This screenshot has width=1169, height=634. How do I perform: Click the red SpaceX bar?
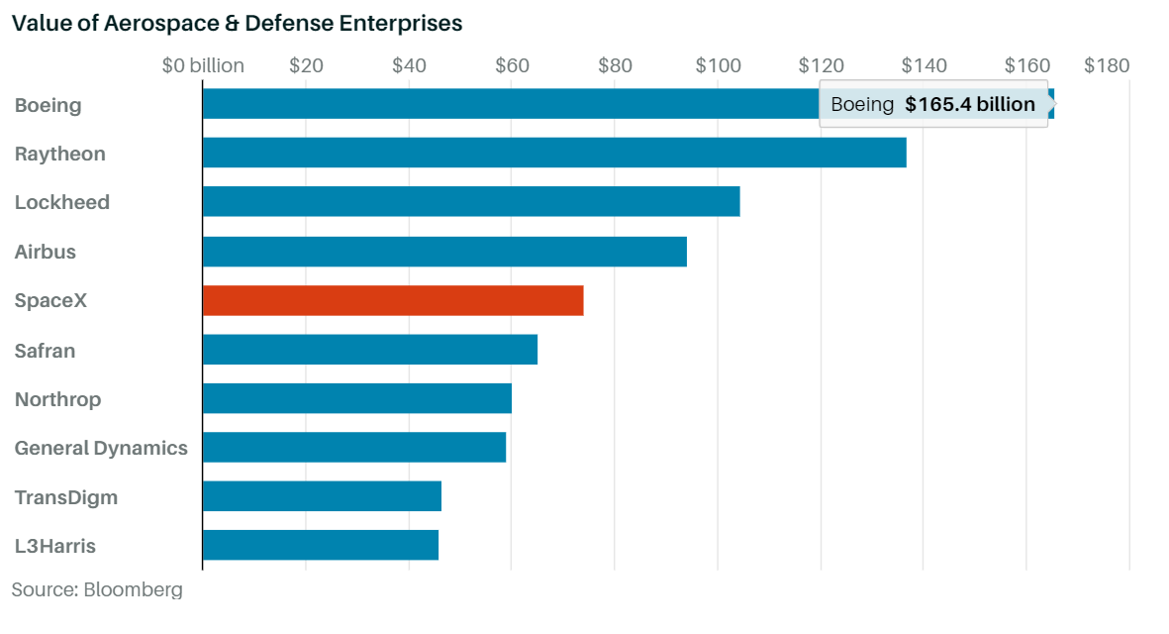[393, 300]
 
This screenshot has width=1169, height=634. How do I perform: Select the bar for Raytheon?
[554, 153]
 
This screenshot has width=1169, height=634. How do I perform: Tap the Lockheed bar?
[471, 201]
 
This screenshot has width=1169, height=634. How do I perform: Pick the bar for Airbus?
[444, 252]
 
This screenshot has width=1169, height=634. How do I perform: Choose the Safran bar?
[370, 349]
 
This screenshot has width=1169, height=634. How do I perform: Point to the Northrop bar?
[357, 398]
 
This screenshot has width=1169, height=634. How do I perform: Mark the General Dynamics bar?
[354, 447]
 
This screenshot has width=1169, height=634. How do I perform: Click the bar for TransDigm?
[322, 496]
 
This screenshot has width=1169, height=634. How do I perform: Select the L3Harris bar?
[321, 545]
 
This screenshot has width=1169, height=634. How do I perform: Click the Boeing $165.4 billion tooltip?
[933, 104]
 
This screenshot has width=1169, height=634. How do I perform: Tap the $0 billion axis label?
[203, 65]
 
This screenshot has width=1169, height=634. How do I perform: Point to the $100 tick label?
[718, 65]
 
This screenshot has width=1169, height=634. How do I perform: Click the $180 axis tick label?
[1107, 65]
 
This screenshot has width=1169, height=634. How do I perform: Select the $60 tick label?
[512, 65]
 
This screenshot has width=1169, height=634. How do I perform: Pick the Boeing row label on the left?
[48, 105]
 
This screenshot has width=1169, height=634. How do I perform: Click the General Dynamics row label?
[101, 448]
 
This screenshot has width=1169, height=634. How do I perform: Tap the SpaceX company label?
[50, 300]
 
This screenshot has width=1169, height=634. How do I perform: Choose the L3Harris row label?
[55, 546]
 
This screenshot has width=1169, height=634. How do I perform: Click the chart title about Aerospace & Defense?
[238, 23]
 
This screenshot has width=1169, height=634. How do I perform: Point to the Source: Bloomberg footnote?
[97, 589]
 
